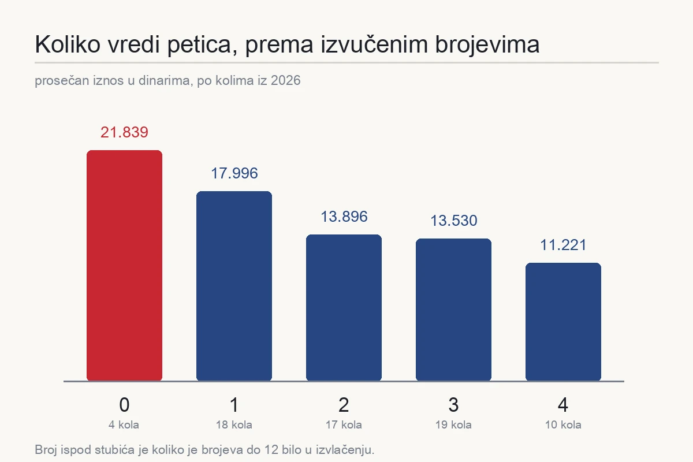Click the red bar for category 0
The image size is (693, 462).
click(x=124, y=266)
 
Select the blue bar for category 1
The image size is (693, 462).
click(x=234, y=286)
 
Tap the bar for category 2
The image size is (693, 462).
click(x=344, y=308)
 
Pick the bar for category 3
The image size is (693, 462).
click(x=453, y=310)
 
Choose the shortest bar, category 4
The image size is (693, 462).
click(x=563, y=322)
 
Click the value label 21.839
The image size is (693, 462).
click(x=124, y=132)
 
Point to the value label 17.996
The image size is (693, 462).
click(x=234, y=173)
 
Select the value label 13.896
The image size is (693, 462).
click(x=344, y=217)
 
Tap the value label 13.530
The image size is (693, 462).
click(x=454, y=221)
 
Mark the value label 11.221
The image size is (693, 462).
click(x=563, y=245)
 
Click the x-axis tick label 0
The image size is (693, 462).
click(x=124, y=404)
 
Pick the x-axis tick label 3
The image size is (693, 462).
click(x=453, y=404)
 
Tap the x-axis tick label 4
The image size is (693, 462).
click(x=563, y=404)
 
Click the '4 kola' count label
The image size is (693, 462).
click(x=124, y=424)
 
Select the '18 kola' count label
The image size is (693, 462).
click(x=234, y=424)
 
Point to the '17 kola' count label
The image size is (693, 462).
click(x=344, y=424)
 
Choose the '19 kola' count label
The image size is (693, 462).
click(x=453, y=424)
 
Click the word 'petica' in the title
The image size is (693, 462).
click(x=203, y=45)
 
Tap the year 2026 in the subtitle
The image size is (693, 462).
click(x=285, y=80)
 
